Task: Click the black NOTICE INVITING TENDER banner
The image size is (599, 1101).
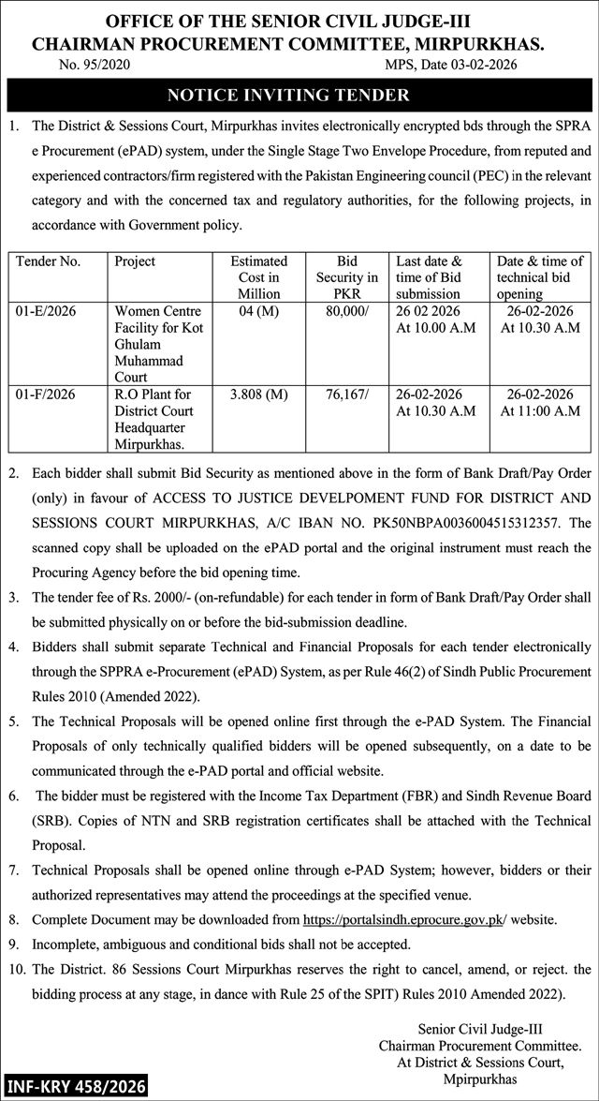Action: click(299, 95)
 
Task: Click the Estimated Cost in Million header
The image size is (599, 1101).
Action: click(258, 277)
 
